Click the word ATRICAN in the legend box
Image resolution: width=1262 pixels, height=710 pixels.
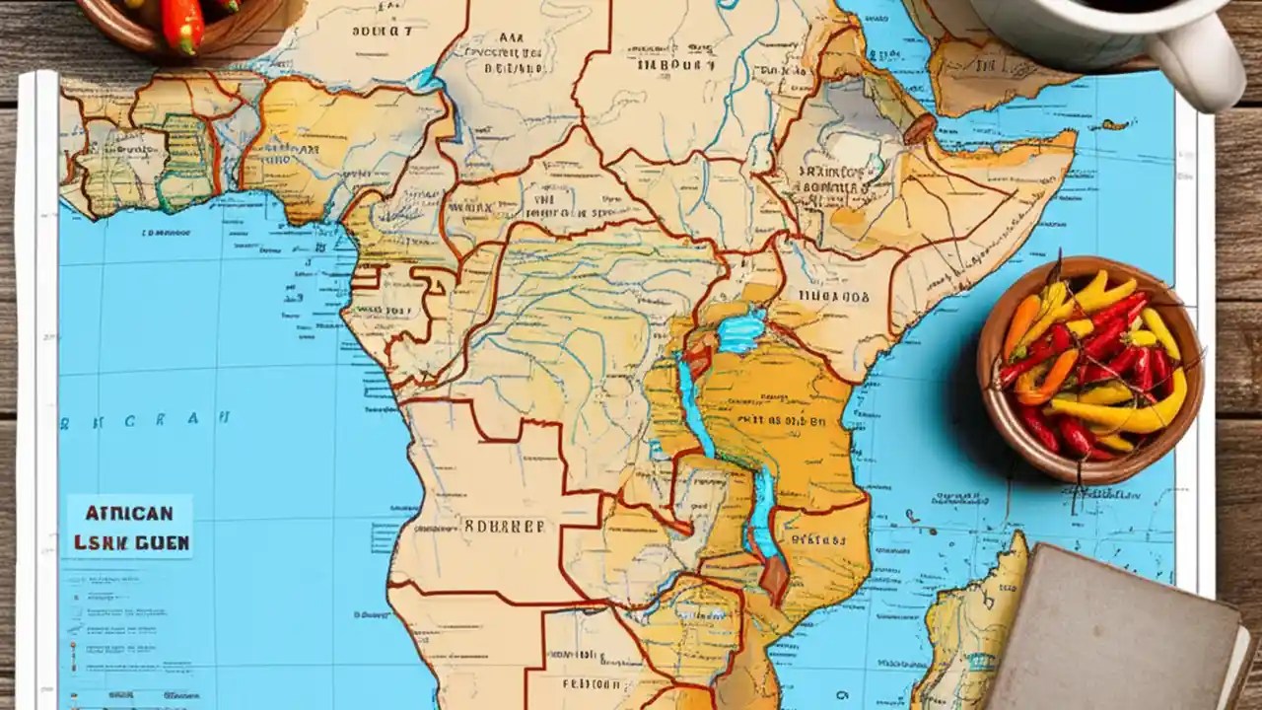129,514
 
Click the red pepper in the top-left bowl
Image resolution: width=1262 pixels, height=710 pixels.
181,25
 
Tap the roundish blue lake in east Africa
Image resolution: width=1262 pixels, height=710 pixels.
740,331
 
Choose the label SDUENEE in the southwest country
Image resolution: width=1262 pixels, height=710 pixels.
504,526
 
